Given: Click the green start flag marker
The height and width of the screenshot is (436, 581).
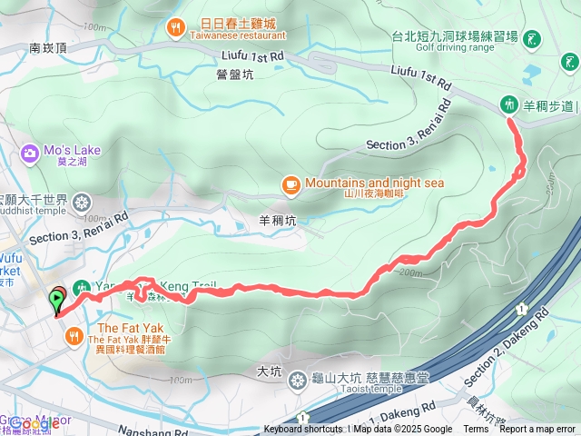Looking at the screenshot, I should point(57,297).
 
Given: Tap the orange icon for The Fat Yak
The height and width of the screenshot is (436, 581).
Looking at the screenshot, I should point(73,337).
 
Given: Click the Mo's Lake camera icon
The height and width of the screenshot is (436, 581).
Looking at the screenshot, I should point(29,152).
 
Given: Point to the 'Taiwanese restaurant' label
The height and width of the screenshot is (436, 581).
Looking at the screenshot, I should point(237,35).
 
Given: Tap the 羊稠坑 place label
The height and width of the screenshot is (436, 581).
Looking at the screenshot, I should point(278,219).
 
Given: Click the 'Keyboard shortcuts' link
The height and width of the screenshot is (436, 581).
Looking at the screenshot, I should point(303,430).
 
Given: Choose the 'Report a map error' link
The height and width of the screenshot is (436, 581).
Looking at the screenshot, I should point(537,430).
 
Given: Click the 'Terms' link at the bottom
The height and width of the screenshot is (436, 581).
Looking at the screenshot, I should point(476,430).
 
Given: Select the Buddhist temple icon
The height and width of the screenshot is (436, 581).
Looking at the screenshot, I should point(83,201).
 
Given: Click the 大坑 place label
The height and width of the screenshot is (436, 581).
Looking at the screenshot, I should point(270,372).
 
